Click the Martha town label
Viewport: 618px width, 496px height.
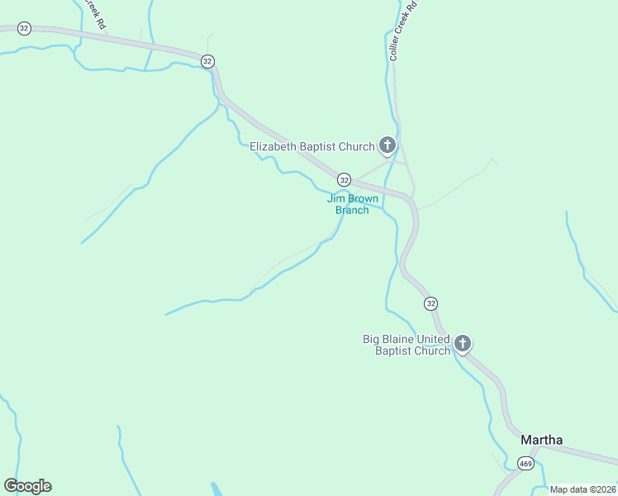click(x=541, y=440)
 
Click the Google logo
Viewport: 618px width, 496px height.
click(x=27, y=486)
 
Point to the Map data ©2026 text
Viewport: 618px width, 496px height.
click(x=582, y=489)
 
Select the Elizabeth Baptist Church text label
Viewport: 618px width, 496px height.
click(x=312, y=147)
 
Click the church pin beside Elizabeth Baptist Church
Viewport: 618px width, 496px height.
click(x=387, y=146)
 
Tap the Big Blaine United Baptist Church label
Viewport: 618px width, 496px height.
click(x=406, y=345)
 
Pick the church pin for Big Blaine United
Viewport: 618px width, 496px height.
click(x=463, y=343)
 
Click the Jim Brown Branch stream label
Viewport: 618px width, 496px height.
click(x=352, y=204)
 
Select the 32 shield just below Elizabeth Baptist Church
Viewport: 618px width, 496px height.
click(x=344, y=179)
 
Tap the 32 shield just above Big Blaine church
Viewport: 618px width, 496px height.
click(x=430, y=304)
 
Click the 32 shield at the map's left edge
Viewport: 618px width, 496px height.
click(x=24, y=28)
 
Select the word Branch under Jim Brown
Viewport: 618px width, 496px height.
click(x=352, y=210)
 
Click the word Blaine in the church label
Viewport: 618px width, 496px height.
click(x=397, y=339)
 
